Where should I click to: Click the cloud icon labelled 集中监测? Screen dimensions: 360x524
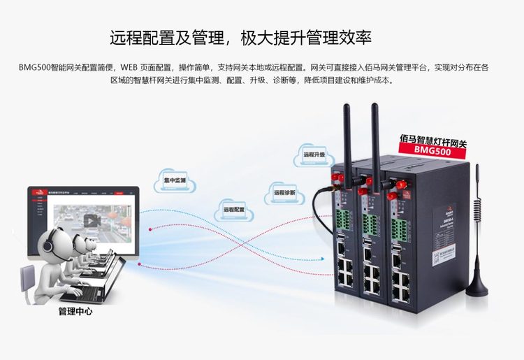click(175, 180)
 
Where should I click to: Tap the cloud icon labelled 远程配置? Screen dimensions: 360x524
click(234, 209)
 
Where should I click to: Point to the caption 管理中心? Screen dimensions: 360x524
click(75, 312)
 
